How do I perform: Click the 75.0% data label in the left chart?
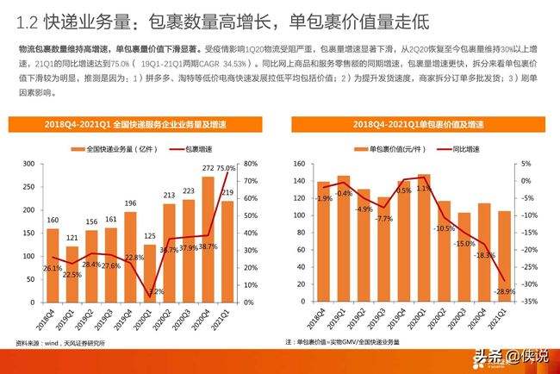(227, 168)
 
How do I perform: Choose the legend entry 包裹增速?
(198, 147)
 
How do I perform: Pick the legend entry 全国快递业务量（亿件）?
(107, 147)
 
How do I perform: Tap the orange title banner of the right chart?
(413, 126)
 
